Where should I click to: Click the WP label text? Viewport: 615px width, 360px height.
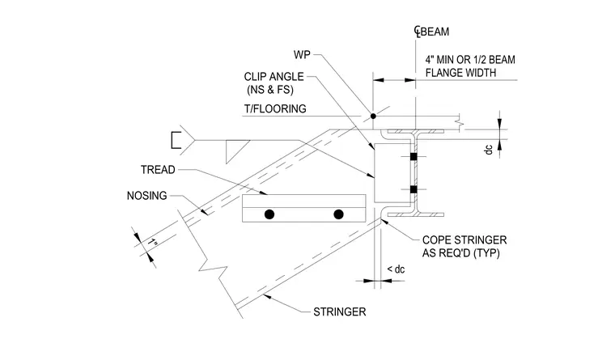[302, 55]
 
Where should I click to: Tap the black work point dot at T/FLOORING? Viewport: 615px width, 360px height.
[373, 116]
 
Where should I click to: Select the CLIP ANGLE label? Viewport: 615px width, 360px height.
[274, 77]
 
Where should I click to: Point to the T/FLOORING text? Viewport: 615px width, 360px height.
[275, 108]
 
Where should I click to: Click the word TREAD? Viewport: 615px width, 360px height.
[158, 170]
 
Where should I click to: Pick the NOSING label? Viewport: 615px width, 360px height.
[146, 196]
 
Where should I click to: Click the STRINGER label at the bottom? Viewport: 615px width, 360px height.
[339, 312]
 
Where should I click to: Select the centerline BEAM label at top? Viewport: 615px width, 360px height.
[432, 32]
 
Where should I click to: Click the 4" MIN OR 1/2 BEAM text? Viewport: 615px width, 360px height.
[470, 60]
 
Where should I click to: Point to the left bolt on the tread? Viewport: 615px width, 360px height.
[269, 214]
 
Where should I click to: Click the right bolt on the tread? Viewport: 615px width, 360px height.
[338, 214]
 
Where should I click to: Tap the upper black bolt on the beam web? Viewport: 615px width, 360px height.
[414, 157]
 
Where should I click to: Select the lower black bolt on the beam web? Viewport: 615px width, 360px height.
[414, 189]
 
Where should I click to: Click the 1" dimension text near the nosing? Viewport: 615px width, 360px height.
[153, 243]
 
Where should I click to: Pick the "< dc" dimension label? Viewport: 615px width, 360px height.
[396, 269]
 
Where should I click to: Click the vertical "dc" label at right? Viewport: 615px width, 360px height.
[488, 150]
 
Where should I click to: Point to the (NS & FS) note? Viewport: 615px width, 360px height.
[270, 90]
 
